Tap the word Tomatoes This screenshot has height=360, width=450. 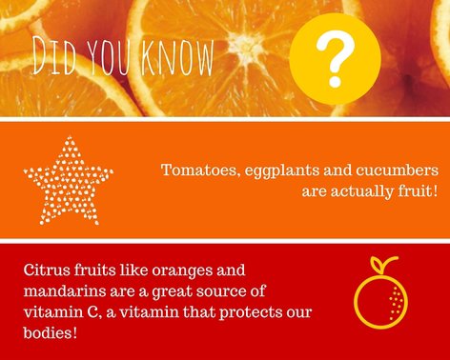point(194,170)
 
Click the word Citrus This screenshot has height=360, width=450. point(48,270)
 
